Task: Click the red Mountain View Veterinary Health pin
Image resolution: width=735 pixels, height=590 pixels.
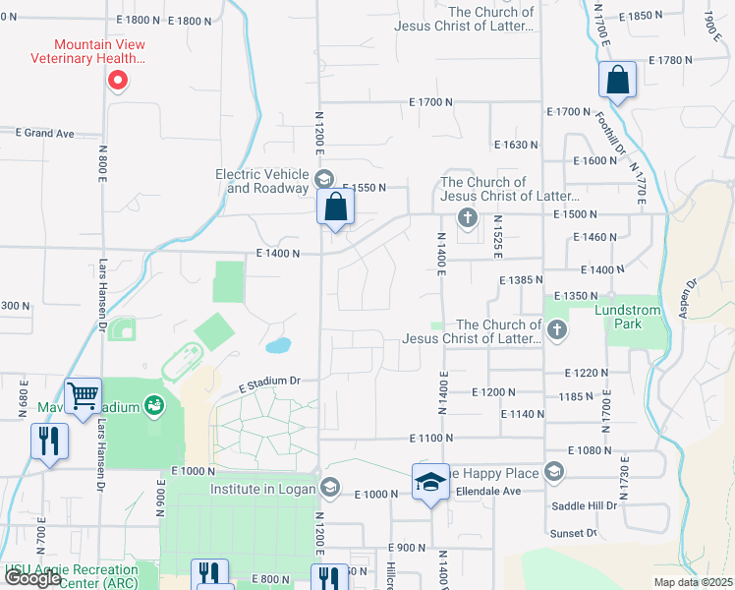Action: pyautogui.click(x=117, y=80)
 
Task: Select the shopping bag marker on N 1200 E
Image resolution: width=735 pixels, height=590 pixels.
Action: pyautogui.click(x=335, y=207)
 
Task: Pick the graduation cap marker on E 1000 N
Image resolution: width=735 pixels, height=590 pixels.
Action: pyautogui.click(x=429, y=482)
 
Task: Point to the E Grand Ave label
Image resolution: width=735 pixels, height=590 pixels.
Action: pyautogui.click(x=44, y=133)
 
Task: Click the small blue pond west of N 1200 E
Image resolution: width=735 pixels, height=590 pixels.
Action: pyautogui.click(x=278, y=345)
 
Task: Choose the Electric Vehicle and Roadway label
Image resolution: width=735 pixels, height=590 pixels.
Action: pyautogui.click(x=262, y=181)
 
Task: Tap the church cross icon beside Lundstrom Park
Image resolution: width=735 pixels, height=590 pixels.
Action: pyautogui.click(x=557, y=329)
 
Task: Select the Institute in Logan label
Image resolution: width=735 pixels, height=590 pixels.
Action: pyautogui.click(x=261, y=489)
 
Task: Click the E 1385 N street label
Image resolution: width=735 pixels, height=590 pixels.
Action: pyautogui.click(x=515, y=280)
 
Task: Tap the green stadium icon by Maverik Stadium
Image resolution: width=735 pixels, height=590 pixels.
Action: pyautogui.click(x=153, y=405)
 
